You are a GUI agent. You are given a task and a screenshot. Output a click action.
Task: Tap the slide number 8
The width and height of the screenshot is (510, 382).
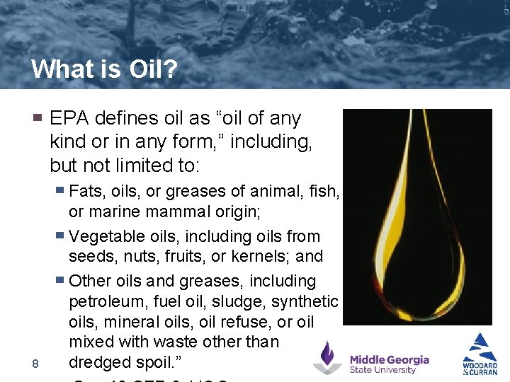coord(35,364)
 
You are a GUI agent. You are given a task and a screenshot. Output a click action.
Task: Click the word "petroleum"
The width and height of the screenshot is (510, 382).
coord(108,302)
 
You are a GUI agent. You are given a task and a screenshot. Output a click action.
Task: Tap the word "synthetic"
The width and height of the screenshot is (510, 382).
coord(304,302)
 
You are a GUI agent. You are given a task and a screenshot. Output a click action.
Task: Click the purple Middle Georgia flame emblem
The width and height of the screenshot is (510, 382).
coord(327,357)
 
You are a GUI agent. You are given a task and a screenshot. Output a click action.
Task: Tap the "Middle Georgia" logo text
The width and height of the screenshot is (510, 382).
coord(389,360)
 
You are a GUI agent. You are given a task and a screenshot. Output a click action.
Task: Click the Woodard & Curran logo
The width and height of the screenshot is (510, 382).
coord(480,354)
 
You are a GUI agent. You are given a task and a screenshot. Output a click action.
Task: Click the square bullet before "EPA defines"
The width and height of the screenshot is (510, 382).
coord(38,117)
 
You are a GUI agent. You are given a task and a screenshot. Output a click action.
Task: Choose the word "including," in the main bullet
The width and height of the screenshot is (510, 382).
coord(271,142)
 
